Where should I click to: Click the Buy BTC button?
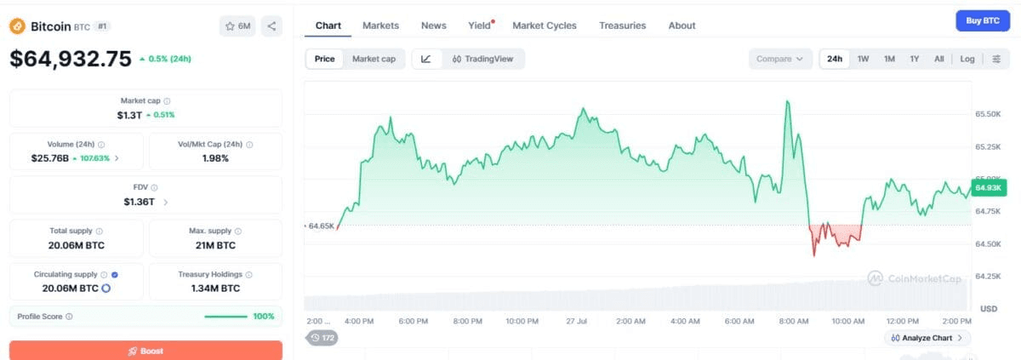[x=982, y=21]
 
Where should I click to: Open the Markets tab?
[x=380, y=26]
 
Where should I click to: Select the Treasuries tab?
[x=622, y=26]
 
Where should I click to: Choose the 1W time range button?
[x=863, y=59]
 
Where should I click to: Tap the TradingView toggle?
[x=482, y=59]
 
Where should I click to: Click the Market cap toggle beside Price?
[x=374, y=59]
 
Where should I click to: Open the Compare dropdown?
[x=780, y=59]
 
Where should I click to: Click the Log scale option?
[x=967, y=59]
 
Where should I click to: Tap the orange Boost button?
[x=145, y=351]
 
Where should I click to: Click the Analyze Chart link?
[x=927, y=338]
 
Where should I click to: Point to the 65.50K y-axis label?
[x=988, y=114]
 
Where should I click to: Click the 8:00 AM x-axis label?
[x=794, y=321]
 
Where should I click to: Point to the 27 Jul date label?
[x=576, y=321]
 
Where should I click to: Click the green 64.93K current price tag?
[x=988, y=188]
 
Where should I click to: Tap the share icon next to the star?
[x=271, y=26]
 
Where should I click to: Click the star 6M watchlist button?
[x=237, y=26]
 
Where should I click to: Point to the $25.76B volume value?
[x=49, y=158]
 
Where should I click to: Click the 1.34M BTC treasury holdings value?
[x=215, y=288]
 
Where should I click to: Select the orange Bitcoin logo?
[x=17, y=26]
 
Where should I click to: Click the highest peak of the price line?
[x=787, y=101]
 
